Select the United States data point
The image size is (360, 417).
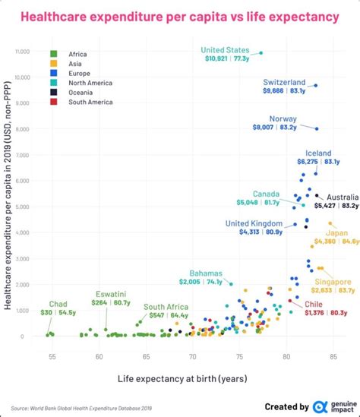(x=261, y=52)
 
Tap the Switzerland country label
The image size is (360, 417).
(x=284, y=82)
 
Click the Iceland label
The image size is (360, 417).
(x=318, y=153)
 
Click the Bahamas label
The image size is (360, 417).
(x=206, y=273)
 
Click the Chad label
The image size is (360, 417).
(x=58, y=304)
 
